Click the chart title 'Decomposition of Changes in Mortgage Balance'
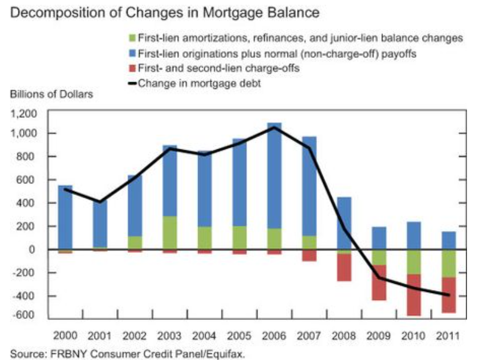tap(165, 13)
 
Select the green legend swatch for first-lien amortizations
tap(134, 38)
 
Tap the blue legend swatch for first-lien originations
tap(134, 54)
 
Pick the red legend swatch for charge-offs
tap(134, 69)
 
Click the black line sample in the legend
tap(134, 83)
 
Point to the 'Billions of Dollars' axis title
tap(51, 94)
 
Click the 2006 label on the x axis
tap(274, 336)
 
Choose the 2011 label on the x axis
tap(449, 336)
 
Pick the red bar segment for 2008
tap(344, 268)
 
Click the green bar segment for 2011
tap(449, 263)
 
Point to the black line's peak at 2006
tap(274, 128)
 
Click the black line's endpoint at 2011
tap(449, 295)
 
